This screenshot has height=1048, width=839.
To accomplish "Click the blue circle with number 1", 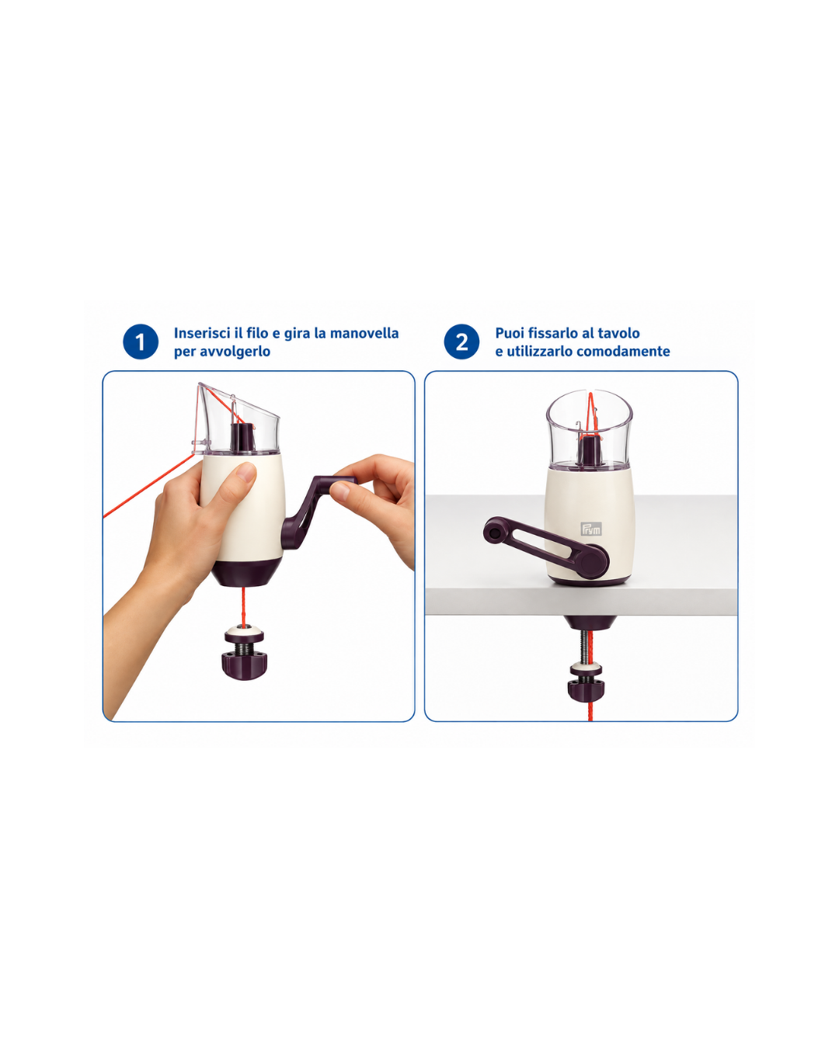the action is pos(141,342).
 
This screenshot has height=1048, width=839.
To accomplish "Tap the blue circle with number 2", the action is pos(461,342).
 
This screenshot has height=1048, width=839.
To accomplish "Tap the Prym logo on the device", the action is pos(591,529).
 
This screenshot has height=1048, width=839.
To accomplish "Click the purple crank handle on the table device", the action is pos(546,545).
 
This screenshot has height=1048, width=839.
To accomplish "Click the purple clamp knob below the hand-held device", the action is pos(244,663).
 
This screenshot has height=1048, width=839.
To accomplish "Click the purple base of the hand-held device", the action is pos(245,573).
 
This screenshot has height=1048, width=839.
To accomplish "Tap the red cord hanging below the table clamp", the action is pos(590,712).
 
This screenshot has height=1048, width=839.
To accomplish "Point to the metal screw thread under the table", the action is pos(583,647).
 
